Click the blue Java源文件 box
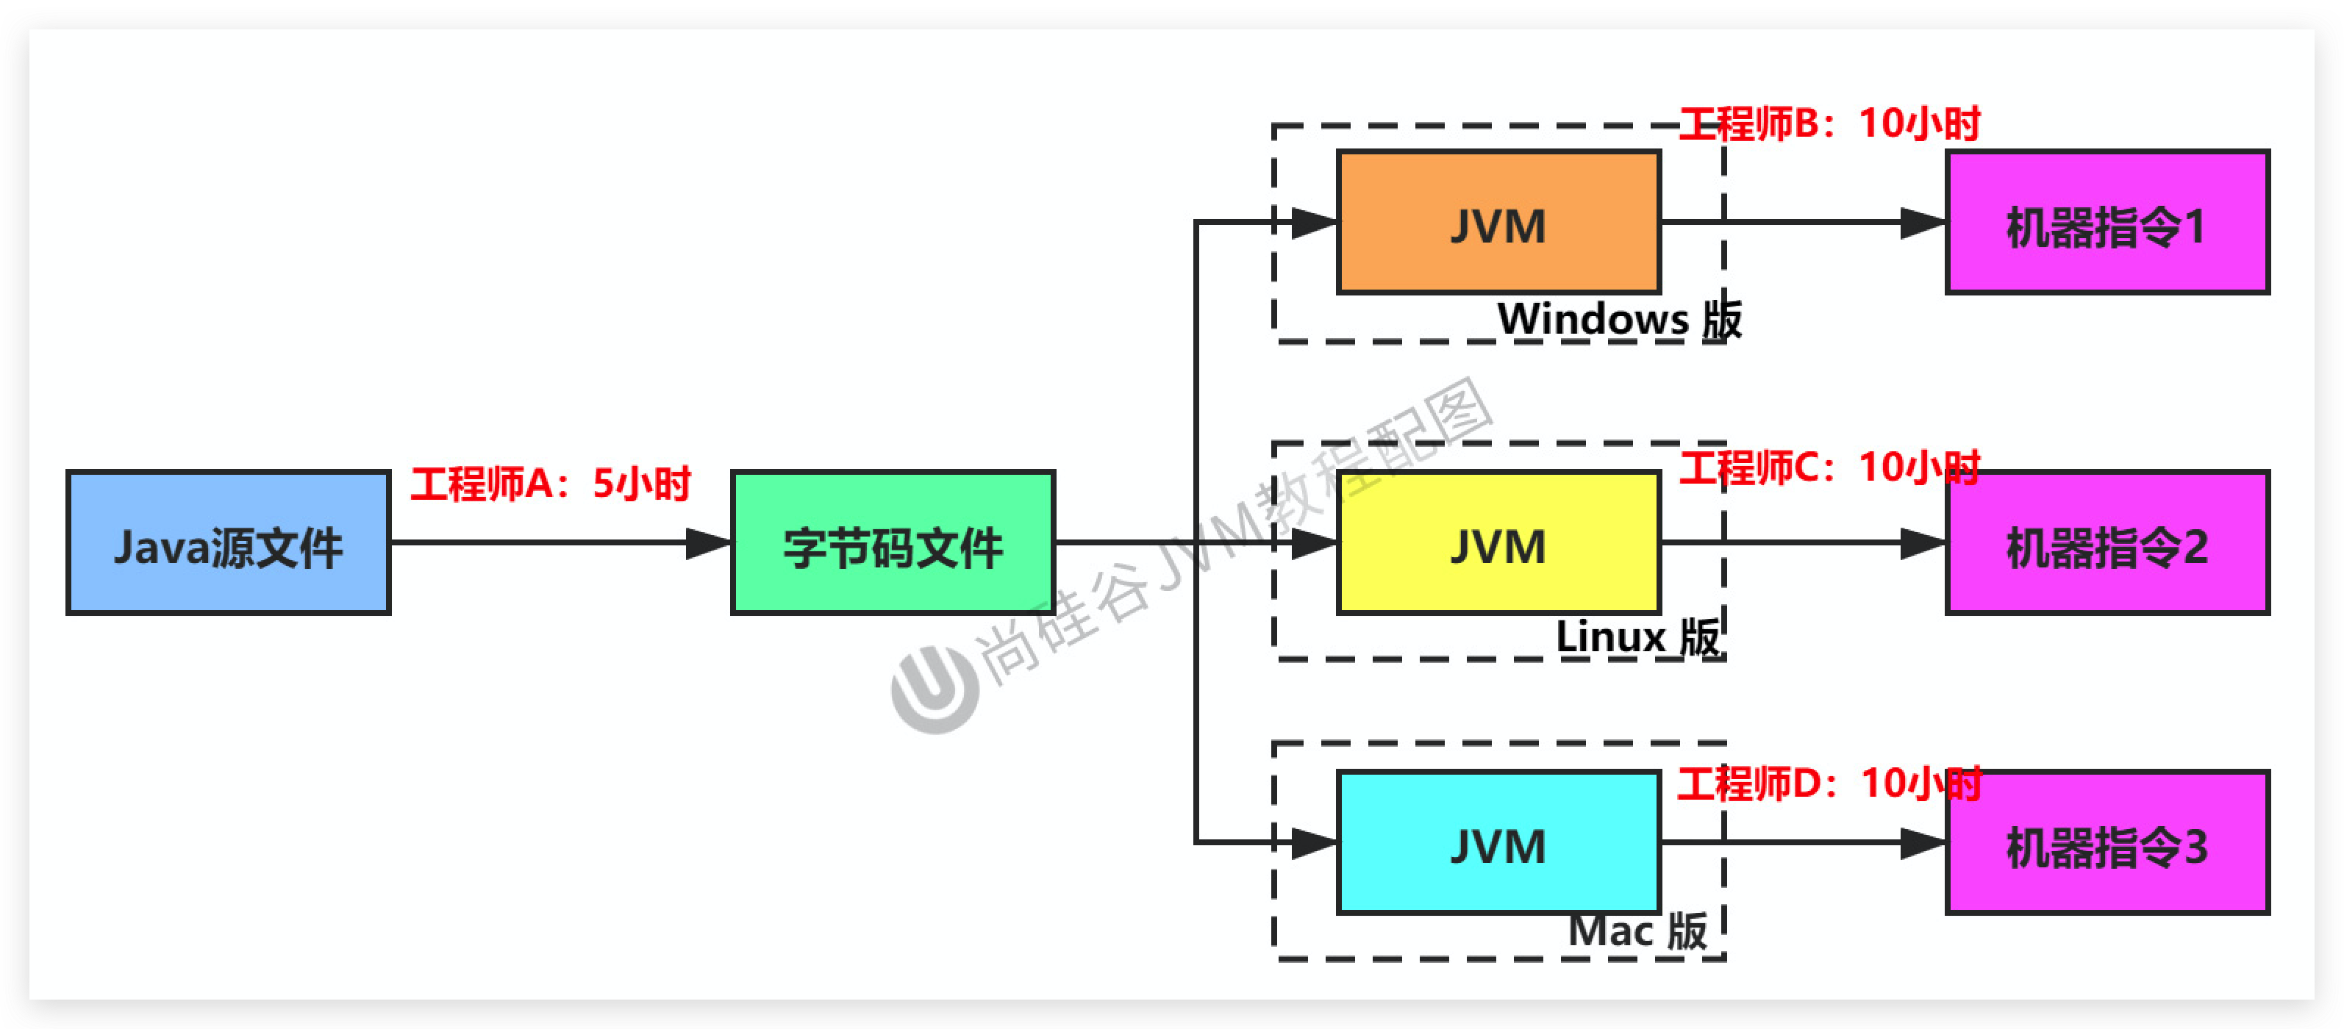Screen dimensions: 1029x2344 coord(229,543)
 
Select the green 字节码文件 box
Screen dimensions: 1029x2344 coord(893,543)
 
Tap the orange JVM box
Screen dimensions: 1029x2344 coord(1498,223)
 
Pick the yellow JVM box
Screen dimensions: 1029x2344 coord(1498,543)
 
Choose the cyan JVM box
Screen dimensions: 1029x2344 coord(1498,843)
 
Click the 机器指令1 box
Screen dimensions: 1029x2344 coord(2107,223)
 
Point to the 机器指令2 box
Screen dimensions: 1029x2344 coord(2107,543)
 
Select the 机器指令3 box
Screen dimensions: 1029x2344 coord(2107,843)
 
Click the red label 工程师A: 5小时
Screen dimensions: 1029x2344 coord(551,484)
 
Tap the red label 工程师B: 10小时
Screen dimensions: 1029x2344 coord(1829,123)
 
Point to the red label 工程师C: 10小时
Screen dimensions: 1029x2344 coord(1829,467)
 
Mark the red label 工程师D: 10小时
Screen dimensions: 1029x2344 coord(1829,784)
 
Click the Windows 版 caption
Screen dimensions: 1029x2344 coord(1619,319)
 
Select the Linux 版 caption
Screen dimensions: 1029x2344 coord(1638,637)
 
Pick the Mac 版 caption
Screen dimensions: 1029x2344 coord(1638,931)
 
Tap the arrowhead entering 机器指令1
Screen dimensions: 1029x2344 coord(1923,223)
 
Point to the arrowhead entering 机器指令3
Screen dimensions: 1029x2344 coord(1923,843)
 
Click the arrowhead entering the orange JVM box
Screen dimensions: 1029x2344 coord(1314,223)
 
